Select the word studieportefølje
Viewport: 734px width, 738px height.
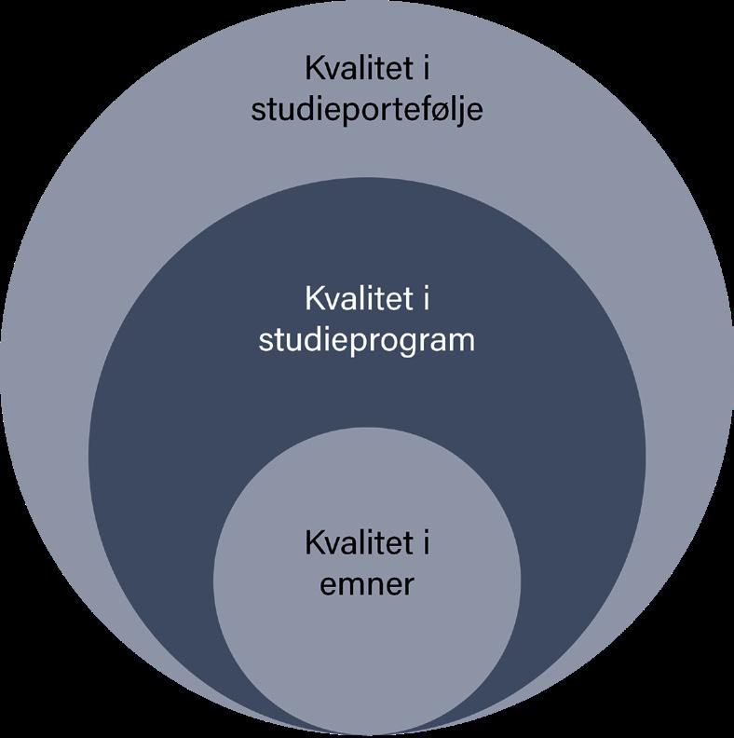coord(367,110)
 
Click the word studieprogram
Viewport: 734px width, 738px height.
coord(366,340)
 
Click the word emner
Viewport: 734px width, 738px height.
coord(367,585)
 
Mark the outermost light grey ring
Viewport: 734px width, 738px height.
coord(84,233)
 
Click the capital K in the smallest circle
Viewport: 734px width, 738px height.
coord(314,543)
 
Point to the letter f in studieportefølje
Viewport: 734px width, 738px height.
coord(413,109)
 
